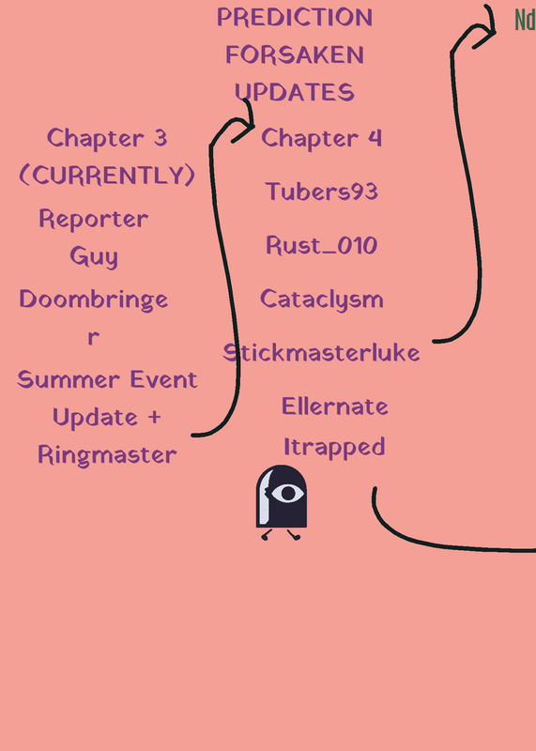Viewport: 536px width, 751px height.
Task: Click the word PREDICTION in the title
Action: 295,17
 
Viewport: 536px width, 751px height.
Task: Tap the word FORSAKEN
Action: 295,54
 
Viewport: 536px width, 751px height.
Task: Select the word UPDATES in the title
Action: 295,92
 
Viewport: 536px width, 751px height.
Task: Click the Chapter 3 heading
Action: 107,138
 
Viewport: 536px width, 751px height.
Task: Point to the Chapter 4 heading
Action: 321,138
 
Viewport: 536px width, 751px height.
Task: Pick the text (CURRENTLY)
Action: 107,175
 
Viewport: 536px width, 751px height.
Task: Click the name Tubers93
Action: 321,192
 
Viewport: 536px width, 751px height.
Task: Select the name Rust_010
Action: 321,245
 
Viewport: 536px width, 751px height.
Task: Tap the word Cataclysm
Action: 321,299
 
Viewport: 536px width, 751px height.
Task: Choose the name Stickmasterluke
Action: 321,353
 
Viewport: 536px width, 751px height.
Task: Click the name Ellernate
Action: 335,406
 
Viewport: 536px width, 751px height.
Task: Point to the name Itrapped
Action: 334,448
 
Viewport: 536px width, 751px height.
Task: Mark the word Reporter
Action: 94,220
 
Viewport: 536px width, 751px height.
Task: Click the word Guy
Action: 94,256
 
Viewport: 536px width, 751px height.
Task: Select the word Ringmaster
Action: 107,455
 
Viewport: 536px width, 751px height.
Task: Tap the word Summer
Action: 68,380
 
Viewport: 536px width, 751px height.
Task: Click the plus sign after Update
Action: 154,417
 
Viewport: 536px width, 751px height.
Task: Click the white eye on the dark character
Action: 287,494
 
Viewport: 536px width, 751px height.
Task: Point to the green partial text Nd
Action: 526,20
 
